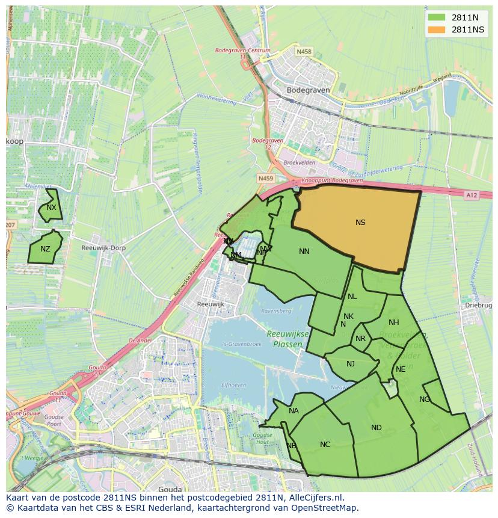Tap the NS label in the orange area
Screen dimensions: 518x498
point(360,223)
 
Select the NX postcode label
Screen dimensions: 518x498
point(51,208)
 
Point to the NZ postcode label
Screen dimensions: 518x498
point(46,249)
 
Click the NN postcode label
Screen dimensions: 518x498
point(304,251)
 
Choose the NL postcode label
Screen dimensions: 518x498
point(352,297)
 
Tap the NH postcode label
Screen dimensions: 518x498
point(394,322)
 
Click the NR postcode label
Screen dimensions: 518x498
point(361,339)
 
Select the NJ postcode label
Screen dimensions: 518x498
point(351,363)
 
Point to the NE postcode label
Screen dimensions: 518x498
point(401,369)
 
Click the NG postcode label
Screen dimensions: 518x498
point(425,399)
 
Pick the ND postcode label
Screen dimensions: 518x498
point(377,428)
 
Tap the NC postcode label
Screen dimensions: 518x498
point(325,445)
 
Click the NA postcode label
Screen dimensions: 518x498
point(294,412)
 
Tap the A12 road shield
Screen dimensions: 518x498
point(472,195)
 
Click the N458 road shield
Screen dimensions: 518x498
point(304,52)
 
